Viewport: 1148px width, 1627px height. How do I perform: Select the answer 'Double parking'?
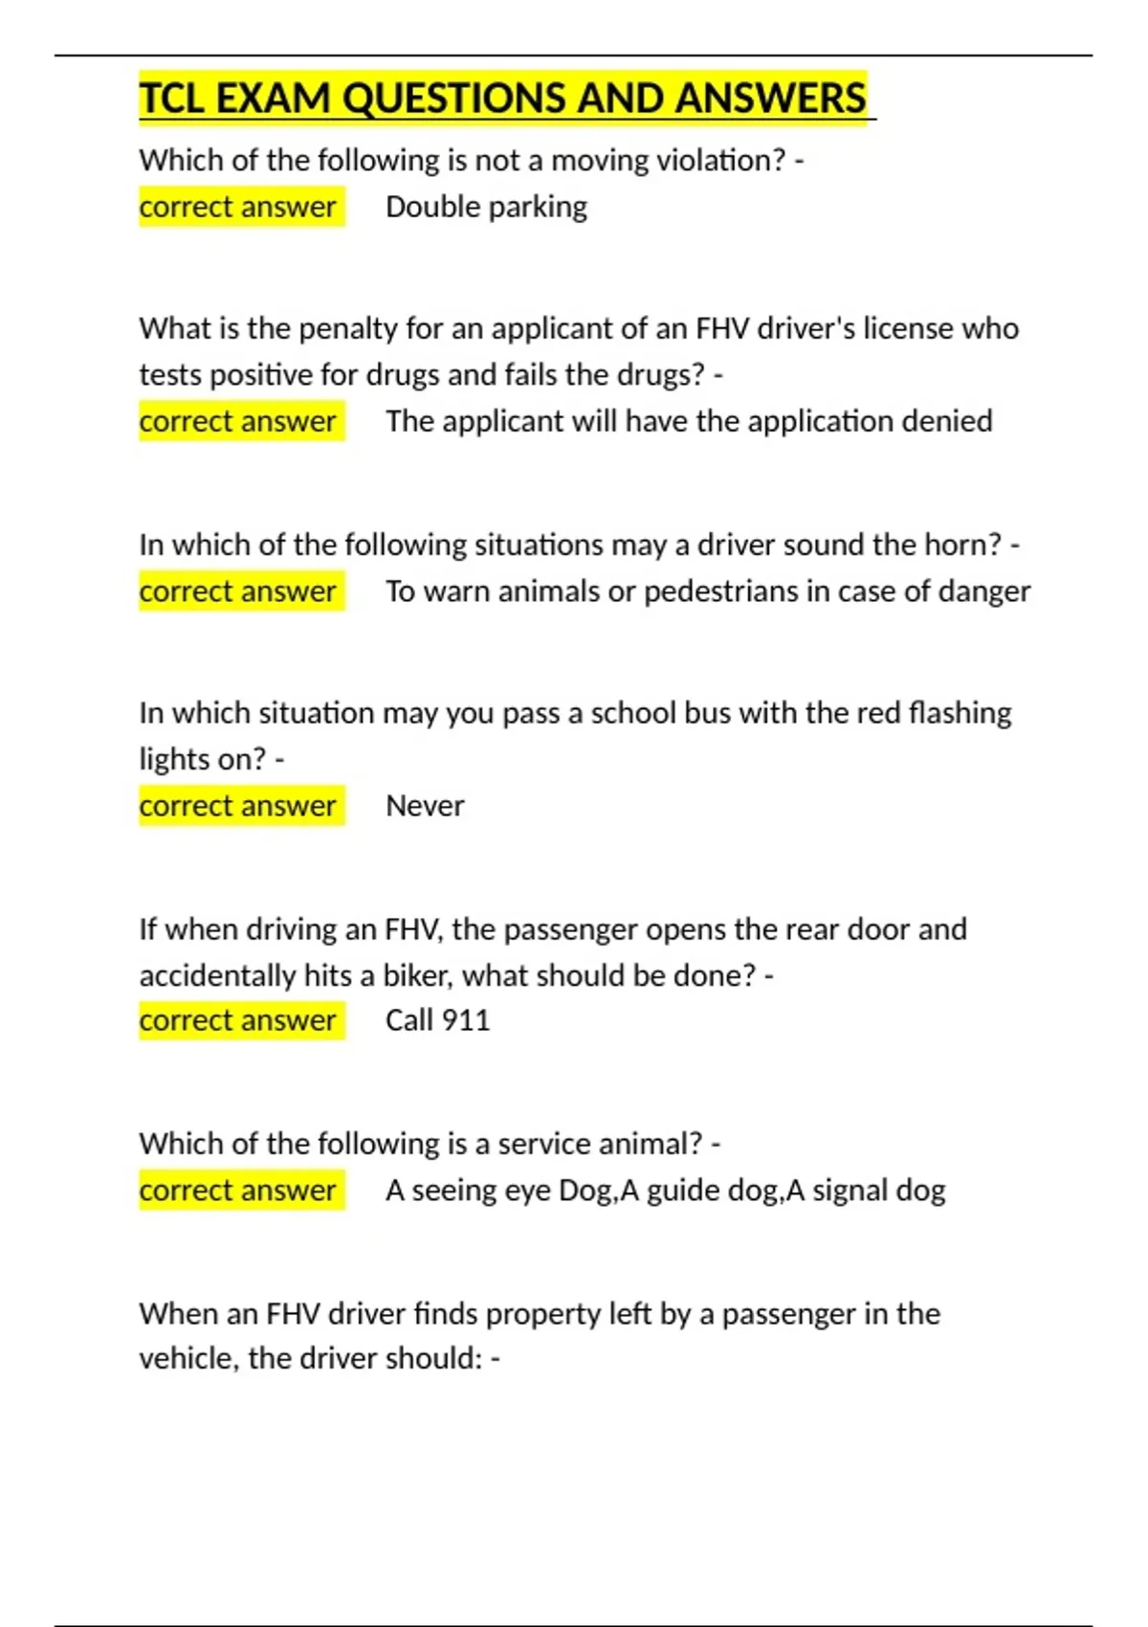point(486,207)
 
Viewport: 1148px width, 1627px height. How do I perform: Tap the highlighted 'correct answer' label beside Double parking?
point(238,207)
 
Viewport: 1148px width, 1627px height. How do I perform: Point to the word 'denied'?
point(952,421)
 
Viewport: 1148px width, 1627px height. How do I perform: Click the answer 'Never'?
point(425,806)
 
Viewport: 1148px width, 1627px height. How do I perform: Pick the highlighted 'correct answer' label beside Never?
point(238,806)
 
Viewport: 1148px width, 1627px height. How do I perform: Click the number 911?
point(466,1020)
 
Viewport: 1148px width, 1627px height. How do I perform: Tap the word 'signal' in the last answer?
point(844,1191)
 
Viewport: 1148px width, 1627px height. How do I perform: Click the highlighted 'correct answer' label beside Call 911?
point(238,1020)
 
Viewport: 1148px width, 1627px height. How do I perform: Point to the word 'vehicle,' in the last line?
point(188,1358)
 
